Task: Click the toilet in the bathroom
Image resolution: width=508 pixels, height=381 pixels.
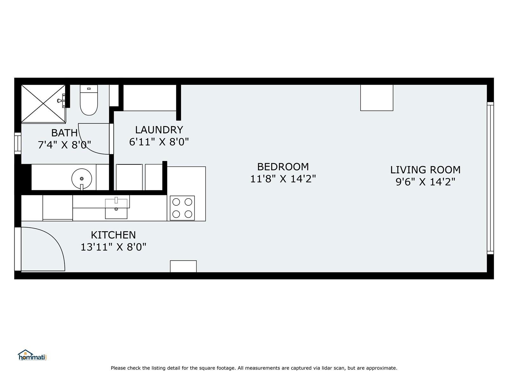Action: point(89,100)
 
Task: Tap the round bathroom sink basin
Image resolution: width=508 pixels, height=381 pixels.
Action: point(82,178)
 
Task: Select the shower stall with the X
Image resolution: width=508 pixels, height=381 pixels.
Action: point(43,104)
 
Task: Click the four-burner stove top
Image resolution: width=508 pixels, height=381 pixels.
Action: point(182,208)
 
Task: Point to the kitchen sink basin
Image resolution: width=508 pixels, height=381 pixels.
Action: point(116,209)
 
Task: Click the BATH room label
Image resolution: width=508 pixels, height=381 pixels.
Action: point(64,133)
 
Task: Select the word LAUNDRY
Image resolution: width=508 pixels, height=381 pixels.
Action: point(159,130)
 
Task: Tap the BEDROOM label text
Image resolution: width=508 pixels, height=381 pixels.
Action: point(283,167)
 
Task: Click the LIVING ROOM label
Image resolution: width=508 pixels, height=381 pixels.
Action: point(425,170)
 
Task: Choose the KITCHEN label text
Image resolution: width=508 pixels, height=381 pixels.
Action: point(113,235)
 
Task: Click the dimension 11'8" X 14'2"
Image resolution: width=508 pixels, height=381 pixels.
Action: point(283,179)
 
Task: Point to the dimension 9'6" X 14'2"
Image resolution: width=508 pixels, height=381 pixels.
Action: point(425,182)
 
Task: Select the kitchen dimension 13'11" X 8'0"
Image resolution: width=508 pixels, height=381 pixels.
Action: point(113,247)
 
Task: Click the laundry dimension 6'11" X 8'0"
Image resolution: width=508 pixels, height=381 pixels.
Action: point(159,142)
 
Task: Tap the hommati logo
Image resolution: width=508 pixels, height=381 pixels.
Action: point(32,355)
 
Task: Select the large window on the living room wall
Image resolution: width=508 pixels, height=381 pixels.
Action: point(491,178)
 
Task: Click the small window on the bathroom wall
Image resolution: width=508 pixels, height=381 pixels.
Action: point(18,144)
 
